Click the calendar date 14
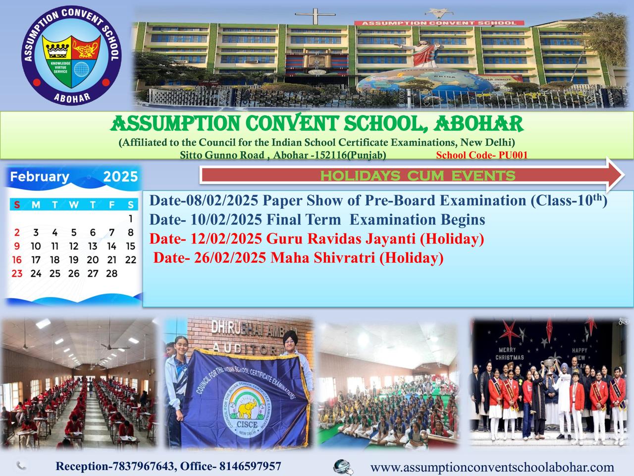[112, 246]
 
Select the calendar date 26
[74, 273]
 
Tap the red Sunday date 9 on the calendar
[17, 246]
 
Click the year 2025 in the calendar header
[120, 177]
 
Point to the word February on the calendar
[40, 177]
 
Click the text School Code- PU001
[482, 155]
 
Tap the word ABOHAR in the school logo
[72, 98]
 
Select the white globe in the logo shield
[81, 69]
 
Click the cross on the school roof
[315, 15]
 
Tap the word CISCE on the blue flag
[247, 424]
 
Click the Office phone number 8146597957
[250, 466]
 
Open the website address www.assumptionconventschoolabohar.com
[492, 468]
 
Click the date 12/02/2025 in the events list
[226, 238]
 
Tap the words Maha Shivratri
[322, 258]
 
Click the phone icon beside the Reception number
[21, 466]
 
